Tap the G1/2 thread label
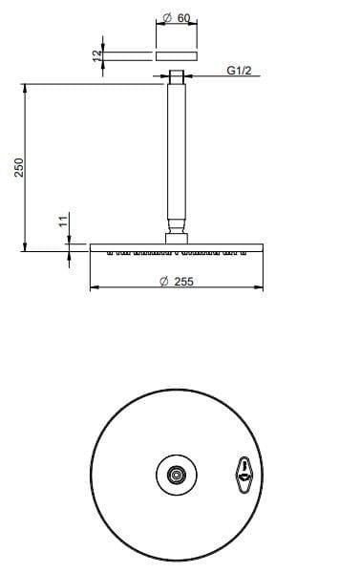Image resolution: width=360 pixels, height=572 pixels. [239, 72]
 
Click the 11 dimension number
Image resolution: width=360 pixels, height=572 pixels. [62, 222]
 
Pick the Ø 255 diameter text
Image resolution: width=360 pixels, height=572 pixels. [177, 281]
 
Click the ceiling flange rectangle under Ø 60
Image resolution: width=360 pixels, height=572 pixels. [177, 56]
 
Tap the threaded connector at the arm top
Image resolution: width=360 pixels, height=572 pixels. [177, 76]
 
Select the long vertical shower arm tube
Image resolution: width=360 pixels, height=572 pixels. [177, 153]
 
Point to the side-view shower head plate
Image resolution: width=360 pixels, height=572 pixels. [177, 247]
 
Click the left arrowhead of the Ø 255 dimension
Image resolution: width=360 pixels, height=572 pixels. [93, 287]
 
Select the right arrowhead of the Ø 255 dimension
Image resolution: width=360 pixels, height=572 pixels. [261, 287]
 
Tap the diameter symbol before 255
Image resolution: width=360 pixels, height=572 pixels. [164, 281]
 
